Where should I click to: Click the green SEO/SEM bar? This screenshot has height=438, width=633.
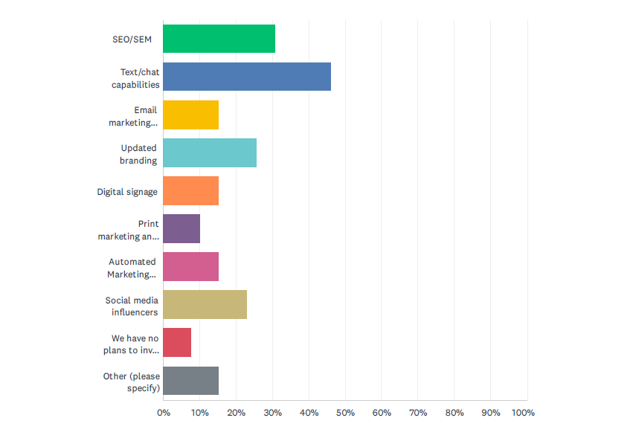coord(219,39)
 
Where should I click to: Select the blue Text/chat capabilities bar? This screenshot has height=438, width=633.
coord(247,77)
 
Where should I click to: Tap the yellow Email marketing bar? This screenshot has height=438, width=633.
coord(190,115)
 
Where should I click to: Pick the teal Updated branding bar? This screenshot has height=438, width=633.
coord(210,152)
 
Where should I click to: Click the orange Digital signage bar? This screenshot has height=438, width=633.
coord(190,190)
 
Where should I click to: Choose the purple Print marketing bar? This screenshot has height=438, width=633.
coord(181,228)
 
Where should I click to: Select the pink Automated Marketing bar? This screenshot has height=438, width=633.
coord(190,266)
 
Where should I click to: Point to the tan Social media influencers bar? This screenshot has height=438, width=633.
coord(205,304)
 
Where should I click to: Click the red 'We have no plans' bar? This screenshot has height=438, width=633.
coord(177,342)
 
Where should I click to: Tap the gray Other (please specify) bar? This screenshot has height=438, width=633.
coord(190,380)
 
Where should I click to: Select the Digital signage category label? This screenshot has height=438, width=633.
coord(127,192)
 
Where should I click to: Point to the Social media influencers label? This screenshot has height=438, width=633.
coord(132,306)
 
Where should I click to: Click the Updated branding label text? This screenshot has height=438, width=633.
coord(138,154)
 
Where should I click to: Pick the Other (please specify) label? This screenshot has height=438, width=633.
coord(132,381)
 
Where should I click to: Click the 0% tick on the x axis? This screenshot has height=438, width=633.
coord(163,413)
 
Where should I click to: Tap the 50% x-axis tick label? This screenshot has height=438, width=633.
coord(345,413)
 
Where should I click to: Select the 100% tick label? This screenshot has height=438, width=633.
coord(524,413)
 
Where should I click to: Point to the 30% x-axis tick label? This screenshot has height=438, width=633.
coord(272,413)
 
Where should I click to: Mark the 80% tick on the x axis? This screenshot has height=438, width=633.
coord(454,413)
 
